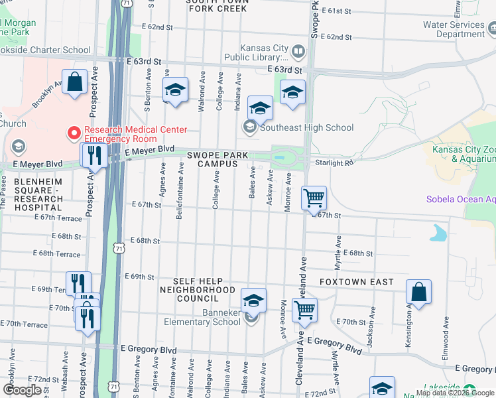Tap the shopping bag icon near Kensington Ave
(x=418, y=292)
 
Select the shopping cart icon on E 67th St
(x=314, y=198)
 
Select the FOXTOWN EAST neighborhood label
(x=356, y=282)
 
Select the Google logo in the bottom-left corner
(x=23, y=389)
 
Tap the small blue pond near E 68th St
(x=438, y=233)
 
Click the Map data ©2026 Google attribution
(x=455, y=393)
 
